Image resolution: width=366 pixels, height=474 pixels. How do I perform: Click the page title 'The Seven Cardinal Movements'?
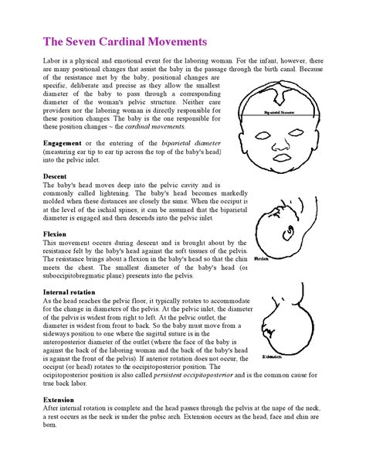(x=124, y=41)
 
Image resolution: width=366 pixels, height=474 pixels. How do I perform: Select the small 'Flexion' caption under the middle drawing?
(x=261, y=258)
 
